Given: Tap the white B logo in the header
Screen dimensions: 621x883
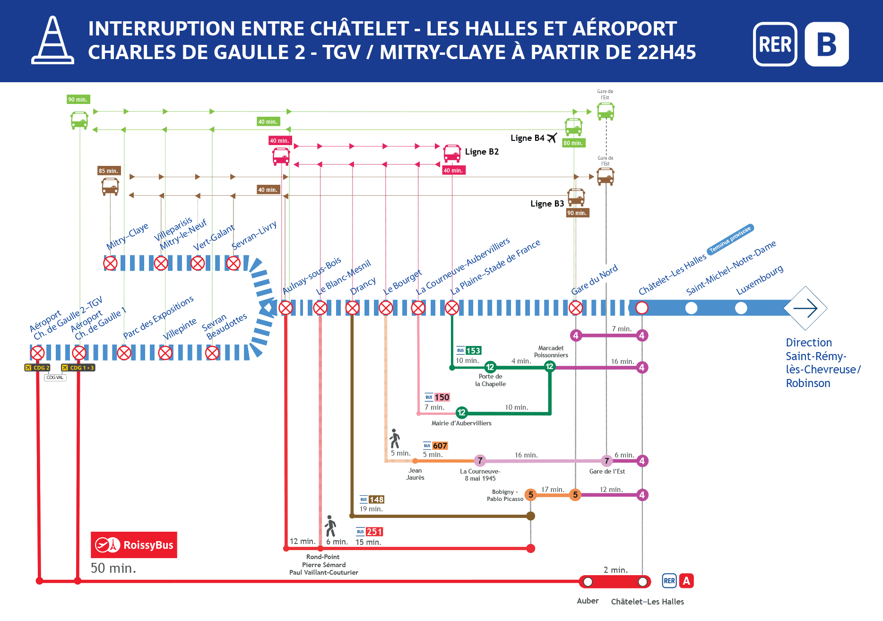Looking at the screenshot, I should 826,44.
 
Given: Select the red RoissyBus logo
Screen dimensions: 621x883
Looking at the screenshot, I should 134,545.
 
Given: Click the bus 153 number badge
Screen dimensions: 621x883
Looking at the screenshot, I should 473,351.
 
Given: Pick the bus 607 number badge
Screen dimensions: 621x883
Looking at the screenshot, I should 440,446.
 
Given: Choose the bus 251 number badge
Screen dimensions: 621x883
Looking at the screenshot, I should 374,532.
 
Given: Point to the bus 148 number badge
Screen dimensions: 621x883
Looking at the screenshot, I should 376,500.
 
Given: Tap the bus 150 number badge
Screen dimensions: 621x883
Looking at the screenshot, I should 442,397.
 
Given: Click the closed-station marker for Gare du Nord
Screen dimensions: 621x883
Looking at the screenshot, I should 575,308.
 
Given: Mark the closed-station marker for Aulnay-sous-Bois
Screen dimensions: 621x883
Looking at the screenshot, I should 286,308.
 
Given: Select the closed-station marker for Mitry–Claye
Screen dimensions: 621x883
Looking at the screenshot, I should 110,263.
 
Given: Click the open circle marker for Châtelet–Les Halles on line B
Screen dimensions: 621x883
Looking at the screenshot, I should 641,308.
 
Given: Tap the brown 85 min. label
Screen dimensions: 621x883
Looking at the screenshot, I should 109,171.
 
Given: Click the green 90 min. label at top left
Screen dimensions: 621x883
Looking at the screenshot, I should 78,99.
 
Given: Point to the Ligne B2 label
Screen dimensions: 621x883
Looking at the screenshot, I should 482,152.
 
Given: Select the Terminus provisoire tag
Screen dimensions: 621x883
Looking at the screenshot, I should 730,240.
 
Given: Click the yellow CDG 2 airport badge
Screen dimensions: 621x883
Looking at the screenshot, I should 37,368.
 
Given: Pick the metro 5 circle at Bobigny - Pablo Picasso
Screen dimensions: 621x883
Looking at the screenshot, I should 530,495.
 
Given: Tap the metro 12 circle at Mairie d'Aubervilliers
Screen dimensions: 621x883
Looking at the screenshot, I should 461,413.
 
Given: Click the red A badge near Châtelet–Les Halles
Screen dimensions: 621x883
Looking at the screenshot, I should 686,581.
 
